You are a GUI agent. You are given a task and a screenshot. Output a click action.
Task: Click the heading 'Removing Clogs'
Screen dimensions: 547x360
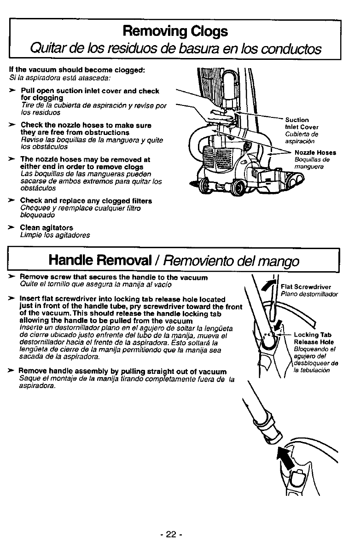click(x=174, y=31)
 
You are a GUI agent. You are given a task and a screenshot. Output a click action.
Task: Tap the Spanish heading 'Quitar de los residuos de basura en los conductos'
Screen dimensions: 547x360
click(x=175, y=48)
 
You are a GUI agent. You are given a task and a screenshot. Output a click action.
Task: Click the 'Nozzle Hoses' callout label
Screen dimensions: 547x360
click(x=315, y=152)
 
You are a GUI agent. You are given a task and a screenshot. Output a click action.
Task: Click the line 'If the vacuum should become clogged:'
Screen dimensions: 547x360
click(x=77, y=70)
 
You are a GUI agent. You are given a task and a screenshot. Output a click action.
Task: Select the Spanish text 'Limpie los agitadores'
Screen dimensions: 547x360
click(x=55, y=235)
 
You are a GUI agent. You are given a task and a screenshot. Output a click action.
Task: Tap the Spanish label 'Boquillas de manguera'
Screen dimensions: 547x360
click(x=309, y=163)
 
